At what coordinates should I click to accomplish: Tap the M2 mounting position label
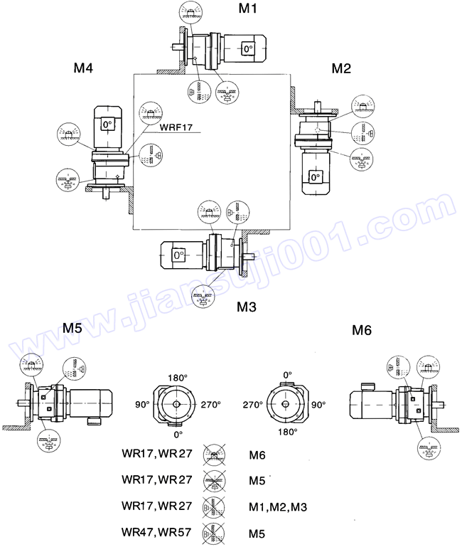tap(341, 68)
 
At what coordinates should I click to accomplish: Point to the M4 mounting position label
tap(84, 68)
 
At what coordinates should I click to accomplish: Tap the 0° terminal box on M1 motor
tap(247, 49)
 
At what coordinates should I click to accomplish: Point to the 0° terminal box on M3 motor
tap(178, 253)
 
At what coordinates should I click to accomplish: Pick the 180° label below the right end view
tap(286, 431)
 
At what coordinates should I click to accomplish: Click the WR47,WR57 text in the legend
tap(157, 531)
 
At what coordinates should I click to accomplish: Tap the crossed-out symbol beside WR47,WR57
tap(213, 531)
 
